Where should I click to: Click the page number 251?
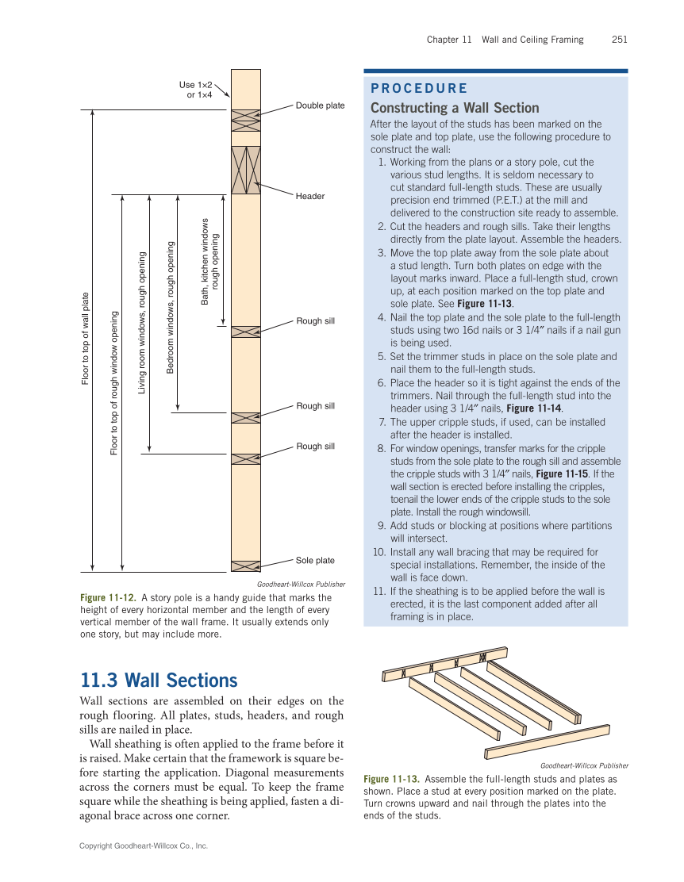[619, 40]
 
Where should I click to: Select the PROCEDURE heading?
[418, 89]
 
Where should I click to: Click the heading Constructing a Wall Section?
[454, 108]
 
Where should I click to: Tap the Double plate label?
[320, 105]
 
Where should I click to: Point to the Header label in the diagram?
[310, 196]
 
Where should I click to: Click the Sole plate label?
[315, 561]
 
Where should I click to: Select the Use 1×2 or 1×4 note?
[195, 90]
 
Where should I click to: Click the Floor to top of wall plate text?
[86, 339]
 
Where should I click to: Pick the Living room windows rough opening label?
[142, 323]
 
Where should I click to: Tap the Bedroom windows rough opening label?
[170, 307]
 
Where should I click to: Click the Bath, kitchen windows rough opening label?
[210, 262]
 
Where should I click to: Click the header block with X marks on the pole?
[245, 170]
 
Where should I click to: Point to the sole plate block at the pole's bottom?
[245, 566]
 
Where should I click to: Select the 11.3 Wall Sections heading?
[159, 681]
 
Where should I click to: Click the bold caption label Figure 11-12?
[108, 597]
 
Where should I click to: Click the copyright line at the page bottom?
[144, 846]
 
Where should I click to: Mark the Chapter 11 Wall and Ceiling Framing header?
[505, 40]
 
